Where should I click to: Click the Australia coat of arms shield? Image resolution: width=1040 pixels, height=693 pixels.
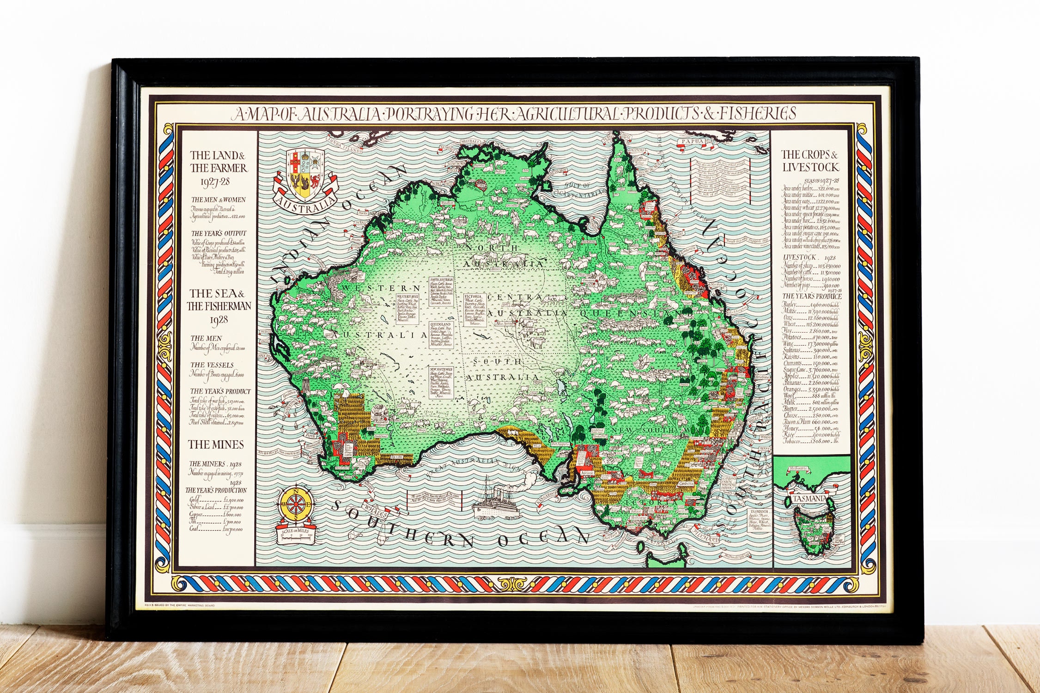tap(305, 174)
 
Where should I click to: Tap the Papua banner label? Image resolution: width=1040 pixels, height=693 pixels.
tap(694, 141)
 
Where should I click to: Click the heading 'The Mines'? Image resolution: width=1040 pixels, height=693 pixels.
tap(216, 444)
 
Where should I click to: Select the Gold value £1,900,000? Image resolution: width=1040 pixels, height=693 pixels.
tap(232, 500)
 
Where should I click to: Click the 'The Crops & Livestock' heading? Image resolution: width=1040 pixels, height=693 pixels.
tap(809, 161)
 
